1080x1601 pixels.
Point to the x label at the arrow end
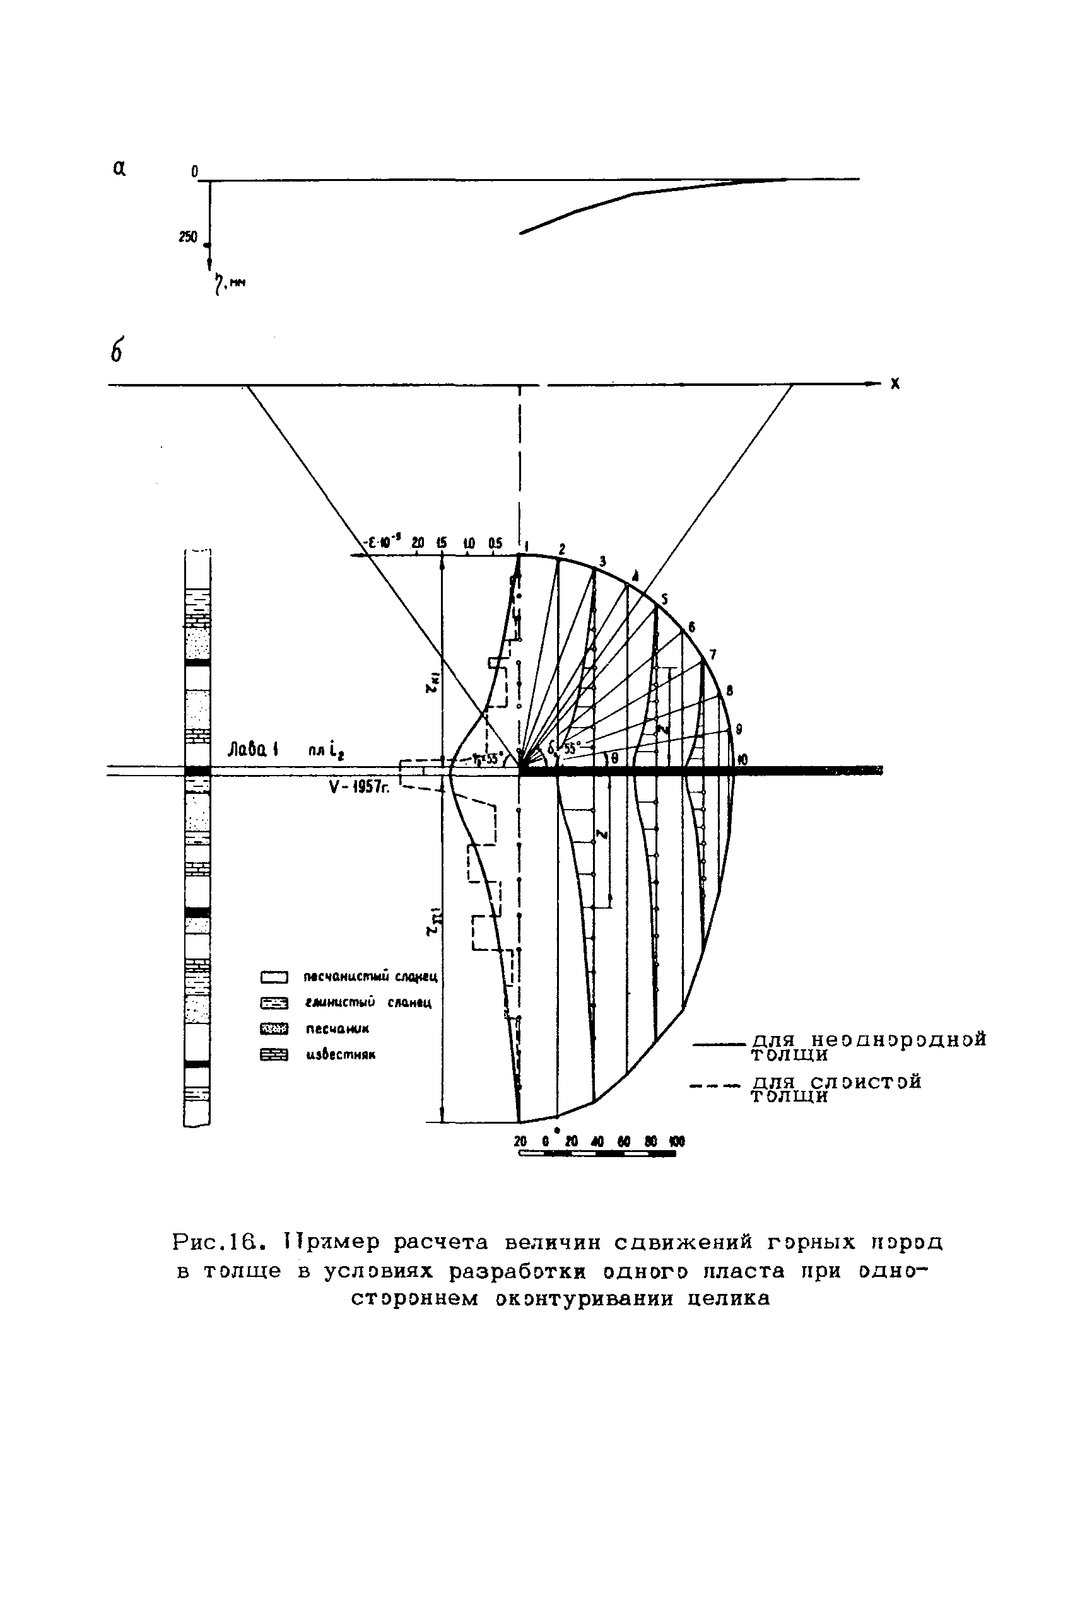tap(895, 384)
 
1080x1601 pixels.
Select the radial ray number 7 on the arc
tap(713, 654)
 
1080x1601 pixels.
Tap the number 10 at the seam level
tap(742, 760)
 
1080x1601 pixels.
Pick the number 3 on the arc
tap(602, 561)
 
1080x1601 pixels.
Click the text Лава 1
tap(253, 750)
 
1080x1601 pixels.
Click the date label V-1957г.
tap(359, 788)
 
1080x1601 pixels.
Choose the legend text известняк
tap(341, 1054)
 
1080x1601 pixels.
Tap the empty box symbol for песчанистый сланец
tap(273, 977)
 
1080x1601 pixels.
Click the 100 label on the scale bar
tap(678, 1141)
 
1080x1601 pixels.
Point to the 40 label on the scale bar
tap(597, 1141)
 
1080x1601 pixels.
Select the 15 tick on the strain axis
tap(442, 543)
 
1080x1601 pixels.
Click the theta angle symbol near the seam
tap(614, 758)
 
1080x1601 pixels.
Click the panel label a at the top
tap(119, 167)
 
